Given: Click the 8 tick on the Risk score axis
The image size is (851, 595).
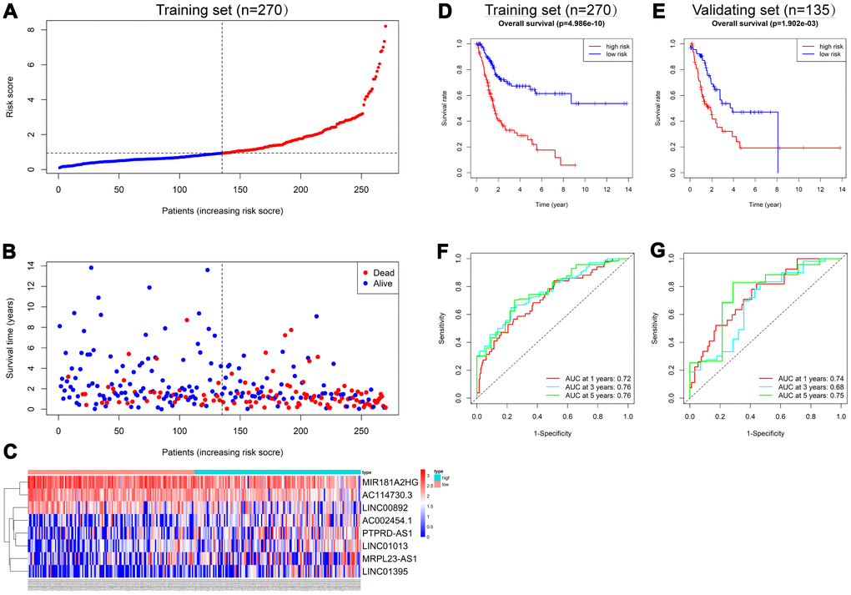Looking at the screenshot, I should (x=31, y=29).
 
